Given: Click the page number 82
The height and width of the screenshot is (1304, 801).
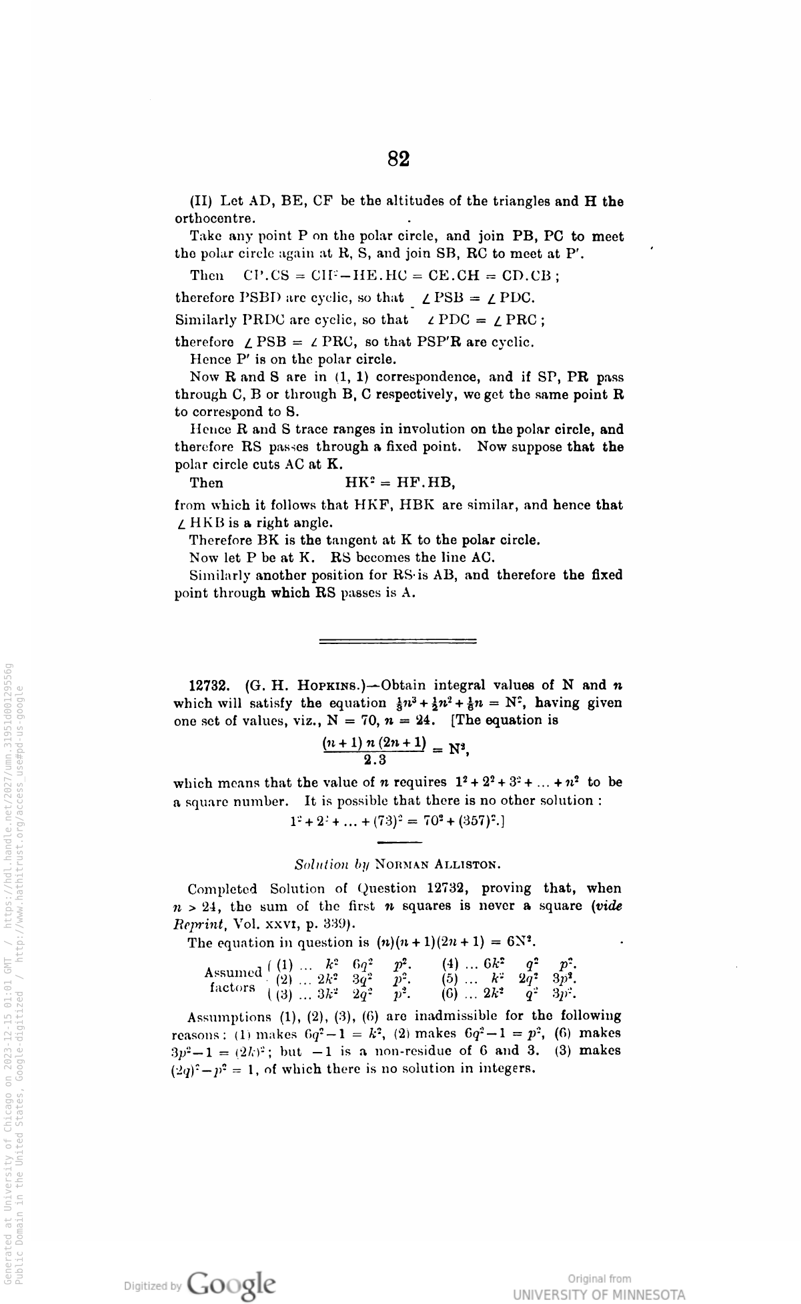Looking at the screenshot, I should point(398,159).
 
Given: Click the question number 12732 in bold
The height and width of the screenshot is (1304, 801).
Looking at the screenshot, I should point(211,685).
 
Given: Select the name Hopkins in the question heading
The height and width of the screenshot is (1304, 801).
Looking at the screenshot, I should point(316,685).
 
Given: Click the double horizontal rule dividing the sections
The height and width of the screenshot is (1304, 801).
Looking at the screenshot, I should point(398,642).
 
